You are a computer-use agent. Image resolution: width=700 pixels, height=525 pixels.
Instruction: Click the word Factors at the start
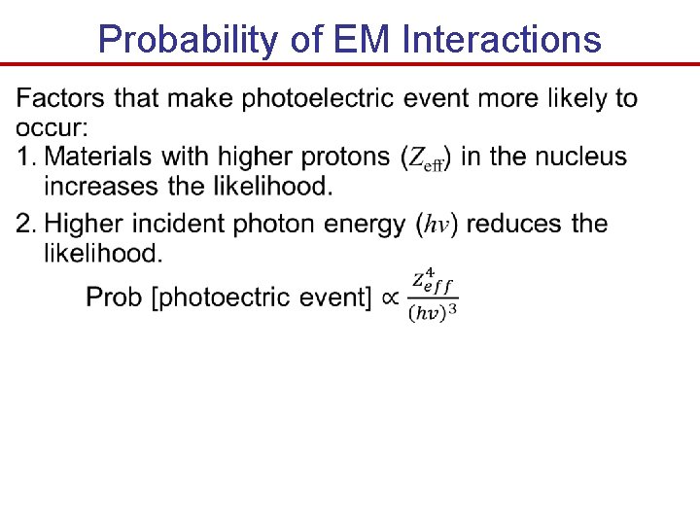tap(61, 98)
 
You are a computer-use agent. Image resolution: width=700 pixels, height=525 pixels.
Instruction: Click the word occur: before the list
tap(51, 127)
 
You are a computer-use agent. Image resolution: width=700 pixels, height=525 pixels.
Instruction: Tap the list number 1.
tap(26, 157)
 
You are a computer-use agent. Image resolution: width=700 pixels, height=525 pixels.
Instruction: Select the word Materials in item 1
tap(99, 157)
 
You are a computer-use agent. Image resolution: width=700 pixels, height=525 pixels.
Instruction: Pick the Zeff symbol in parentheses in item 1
tap(426, 158)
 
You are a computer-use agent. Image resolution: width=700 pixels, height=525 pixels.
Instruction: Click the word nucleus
tap(580, 157)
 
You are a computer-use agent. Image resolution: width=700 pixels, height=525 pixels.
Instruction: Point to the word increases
tap(96, 186)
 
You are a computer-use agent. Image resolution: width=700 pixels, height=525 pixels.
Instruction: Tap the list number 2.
tap(26, 225)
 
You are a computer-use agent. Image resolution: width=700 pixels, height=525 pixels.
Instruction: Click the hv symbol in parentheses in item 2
tap(437, 226)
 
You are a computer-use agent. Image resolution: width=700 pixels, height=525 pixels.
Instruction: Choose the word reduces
tap(516, 225)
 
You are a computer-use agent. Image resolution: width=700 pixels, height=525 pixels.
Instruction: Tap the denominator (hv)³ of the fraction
tap(432, 312)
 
